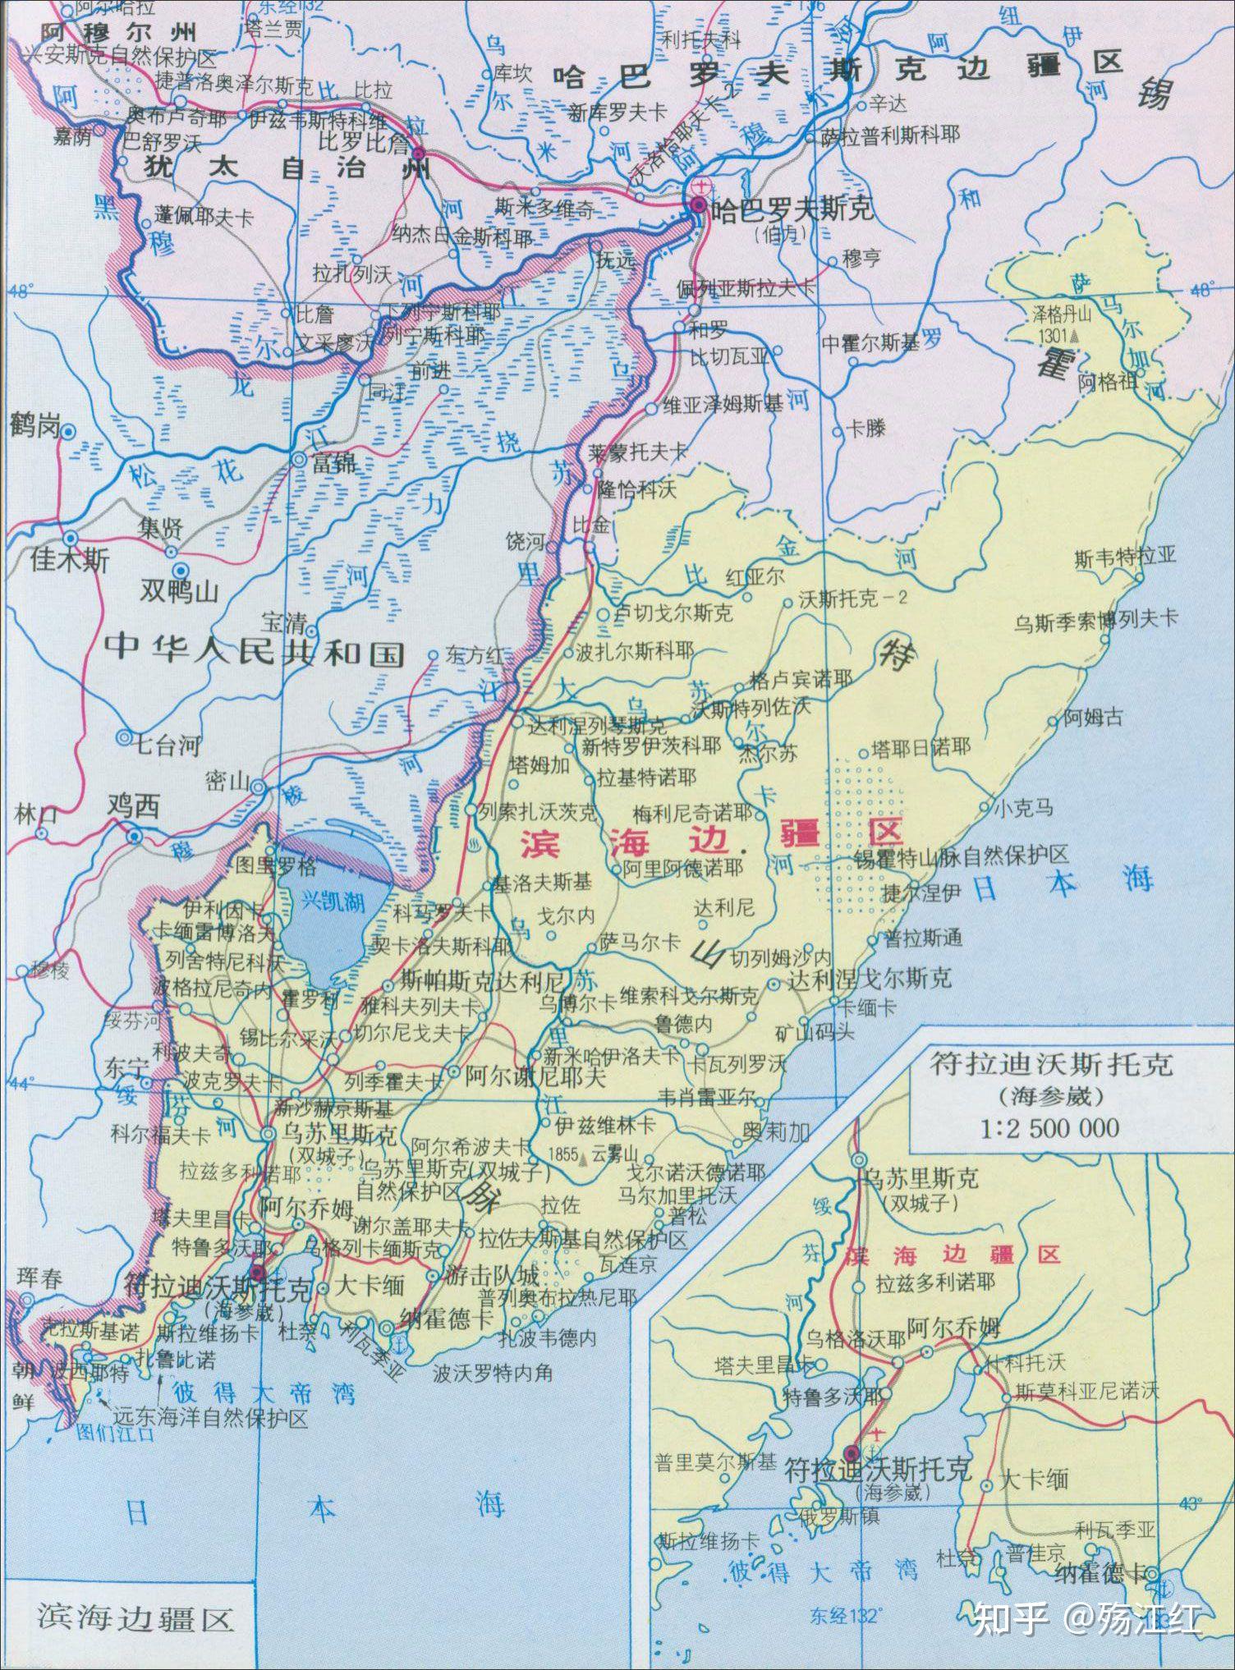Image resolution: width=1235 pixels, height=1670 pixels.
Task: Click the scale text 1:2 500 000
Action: (x=1049, y=1128)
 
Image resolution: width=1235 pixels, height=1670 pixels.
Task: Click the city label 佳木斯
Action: (x=70, y=561)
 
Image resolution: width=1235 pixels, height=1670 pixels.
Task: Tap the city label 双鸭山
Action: (x=178, y=590)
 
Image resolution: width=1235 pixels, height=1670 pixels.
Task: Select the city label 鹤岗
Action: (x=34, y=426)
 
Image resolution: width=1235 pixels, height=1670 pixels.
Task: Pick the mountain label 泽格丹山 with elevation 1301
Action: (x=1063, y=314)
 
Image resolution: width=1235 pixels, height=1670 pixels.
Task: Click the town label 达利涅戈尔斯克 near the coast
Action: (x=870, y=978)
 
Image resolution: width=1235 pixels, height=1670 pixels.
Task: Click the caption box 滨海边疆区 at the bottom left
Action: (x=135, y=1617)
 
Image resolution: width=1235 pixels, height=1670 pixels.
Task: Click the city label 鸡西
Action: (x=133, y=808)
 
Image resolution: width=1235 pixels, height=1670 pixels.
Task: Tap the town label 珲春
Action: (x=39, y=1278)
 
